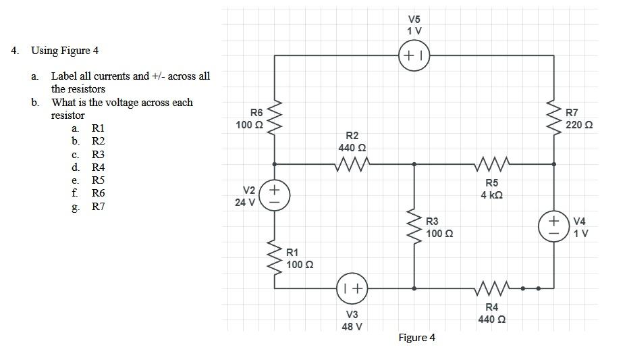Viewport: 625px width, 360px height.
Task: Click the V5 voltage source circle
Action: [414, 55]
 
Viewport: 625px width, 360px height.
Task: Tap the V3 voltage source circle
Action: [351, 288]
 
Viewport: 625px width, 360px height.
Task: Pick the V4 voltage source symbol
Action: [553, 225]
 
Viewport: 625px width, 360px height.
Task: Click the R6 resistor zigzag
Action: [274, 120]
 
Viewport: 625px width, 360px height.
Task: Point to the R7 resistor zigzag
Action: [554, 120]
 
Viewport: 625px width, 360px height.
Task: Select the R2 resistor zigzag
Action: [352, 163]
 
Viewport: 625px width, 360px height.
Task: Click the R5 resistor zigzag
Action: [491, 163]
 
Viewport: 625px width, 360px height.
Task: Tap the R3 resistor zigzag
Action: [414, 225]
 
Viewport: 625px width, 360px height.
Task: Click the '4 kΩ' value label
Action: [491, 195]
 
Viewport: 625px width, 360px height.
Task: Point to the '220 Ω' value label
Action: [579, 125]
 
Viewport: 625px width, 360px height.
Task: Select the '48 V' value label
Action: [352, 326]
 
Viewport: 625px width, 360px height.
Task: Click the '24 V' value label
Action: [245, 201]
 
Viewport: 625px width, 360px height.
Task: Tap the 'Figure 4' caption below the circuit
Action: [416, 338]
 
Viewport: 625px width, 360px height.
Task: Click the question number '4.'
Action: [16, 51]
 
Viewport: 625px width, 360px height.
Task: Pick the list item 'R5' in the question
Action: [98, 180]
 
